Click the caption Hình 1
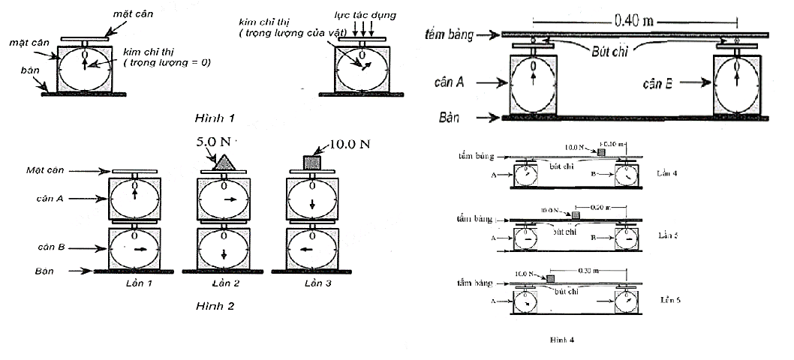click(x=215, y=118)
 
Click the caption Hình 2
click(x=215, y=306)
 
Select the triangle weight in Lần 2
click(x=224, y=162)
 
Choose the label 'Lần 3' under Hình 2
click(x=312, y=283)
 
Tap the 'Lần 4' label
click(x=666, y=172)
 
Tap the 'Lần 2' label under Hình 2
click(x=223, y=283)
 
